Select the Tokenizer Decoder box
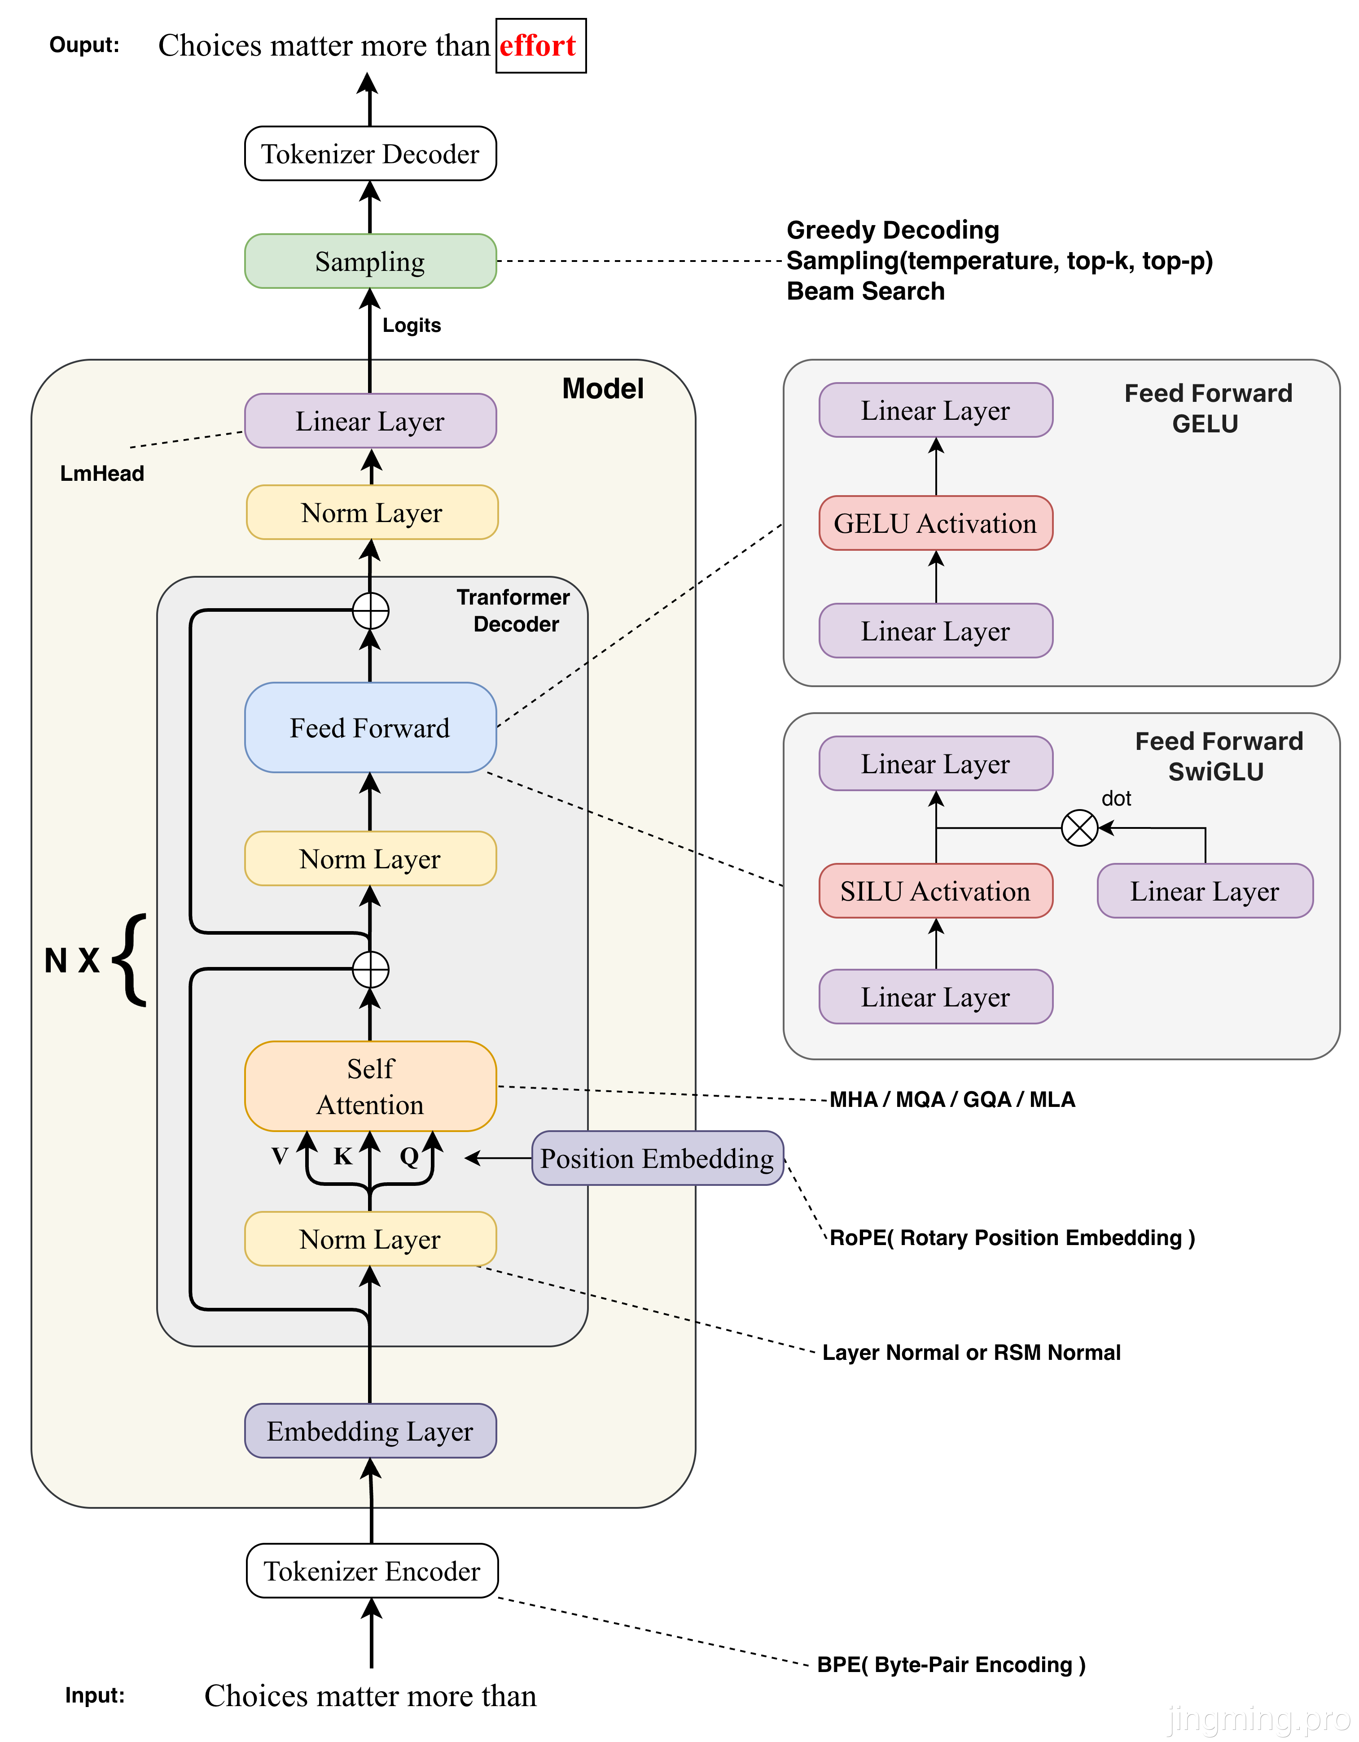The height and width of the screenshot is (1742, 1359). pos(370,154)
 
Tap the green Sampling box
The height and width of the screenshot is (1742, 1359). pos(370,261)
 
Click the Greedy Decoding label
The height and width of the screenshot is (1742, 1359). pos(893,230)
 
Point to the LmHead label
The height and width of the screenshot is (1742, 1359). pos(102,474)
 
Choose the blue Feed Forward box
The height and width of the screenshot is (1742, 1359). pos(370,727)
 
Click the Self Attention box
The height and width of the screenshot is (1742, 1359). pos(370,1086)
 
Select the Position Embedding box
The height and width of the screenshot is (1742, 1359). pos(657,1158)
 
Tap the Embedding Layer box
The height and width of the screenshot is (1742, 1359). pos(370,1431)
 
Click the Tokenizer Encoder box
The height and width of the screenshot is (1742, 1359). pos(372,1571)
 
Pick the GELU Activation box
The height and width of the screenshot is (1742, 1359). pos(935,523)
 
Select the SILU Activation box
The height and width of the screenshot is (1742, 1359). pos(935,891)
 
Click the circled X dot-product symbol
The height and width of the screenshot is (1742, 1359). pos(1080,828)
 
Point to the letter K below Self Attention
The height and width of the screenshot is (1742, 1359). pos(342,1156)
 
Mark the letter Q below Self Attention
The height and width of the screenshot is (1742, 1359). pos(408,1156)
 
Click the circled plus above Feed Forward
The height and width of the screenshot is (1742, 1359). pos(370,612)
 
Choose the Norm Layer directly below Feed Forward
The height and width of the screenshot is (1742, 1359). pos(370,859)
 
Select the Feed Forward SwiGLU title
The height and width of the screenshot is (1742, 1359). pos(1218,756)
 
